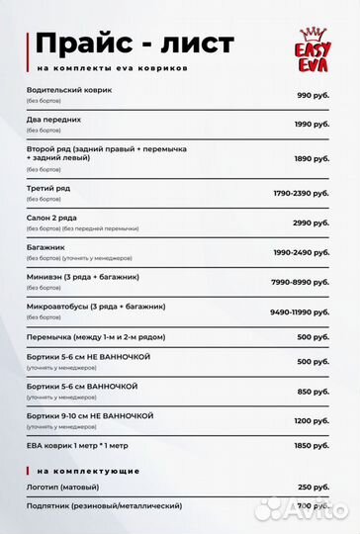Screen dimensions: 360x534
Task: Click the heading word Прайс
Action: (82, 44)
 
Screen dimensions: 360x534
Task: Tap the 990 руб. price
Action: (313, 94)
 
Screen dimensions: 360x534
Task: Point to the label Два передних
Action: (54, 119)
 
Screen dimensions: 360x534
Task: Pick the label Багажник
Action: (48, 248)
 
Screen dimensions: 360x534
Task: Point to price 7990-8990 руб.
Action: (301, 282)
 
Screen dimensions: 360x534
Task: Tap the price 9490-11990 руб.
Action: (299, 312)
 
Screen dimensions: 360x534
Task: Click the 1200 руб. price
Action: (312, 420)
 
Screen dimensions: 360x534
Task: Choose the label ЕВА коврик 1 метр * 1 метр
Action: (79, 446)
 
